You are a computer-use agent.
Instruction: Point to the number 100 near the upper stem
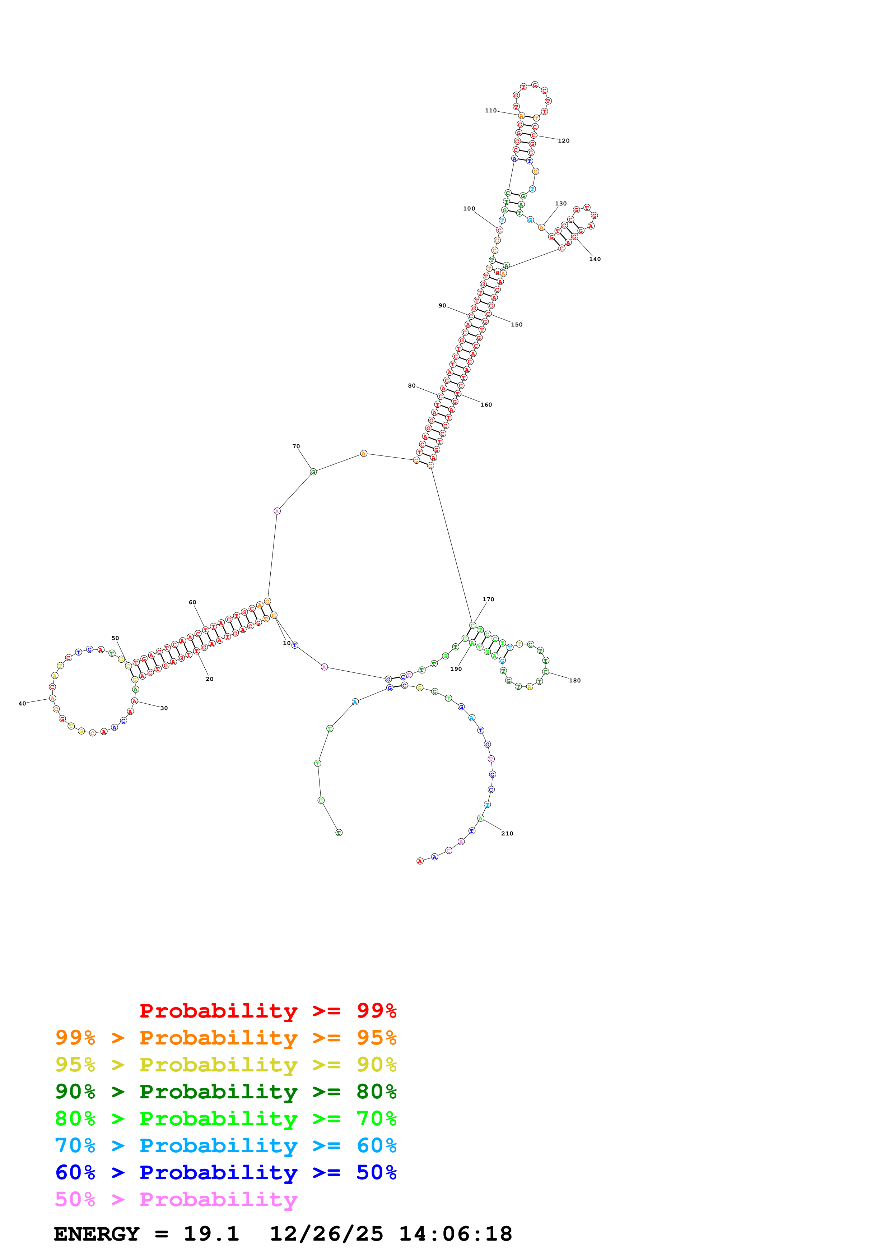(469, 209)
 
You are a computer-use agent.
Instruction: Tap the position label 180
(575, 681)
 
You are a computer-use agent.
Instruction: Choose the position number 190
(456, 669)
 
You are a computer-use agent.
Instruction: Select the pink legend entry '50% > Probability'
(176, 1200)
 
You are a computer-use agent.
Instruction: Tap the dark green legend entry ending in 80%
(226, 1092)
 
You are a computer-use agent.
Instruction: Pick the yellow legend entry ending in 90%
(226, 1065)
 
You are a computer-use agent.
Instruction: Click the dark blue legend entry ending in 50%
(226, 1173)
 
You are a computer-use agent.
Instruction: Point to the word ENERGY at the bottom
(97, 1234)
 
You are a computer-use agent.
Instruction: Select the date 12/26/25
(326, 1234)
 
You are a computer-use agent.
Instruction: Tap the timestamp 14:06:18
(455, 1234)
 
